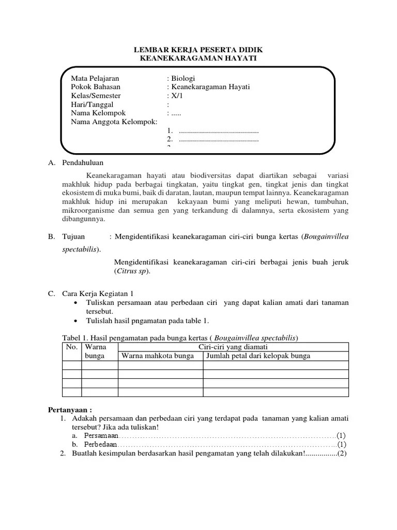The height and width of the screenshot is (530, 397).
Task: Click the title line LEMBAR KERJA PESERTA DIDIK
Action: pos(198,50)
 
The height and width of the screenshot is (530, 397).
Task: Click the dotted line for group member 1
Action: pos(218,131)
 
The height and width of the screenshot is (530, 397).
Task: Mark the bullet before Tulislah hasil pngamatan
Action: pos(76,321)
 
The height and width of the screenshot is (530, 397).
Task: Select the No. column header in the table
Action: pos(71,347)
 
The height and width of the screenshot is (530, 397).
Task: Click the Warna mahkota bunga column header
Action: pos(158,356)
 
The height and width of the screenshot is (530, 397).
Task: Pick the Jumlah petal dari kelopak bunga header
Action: pos(258,356)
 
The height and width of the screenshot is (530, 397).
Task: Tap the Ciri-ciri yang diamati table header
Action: pos(233,347)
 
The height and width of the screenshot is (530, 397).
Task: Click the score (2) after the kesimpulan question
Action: pos(343,453)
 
